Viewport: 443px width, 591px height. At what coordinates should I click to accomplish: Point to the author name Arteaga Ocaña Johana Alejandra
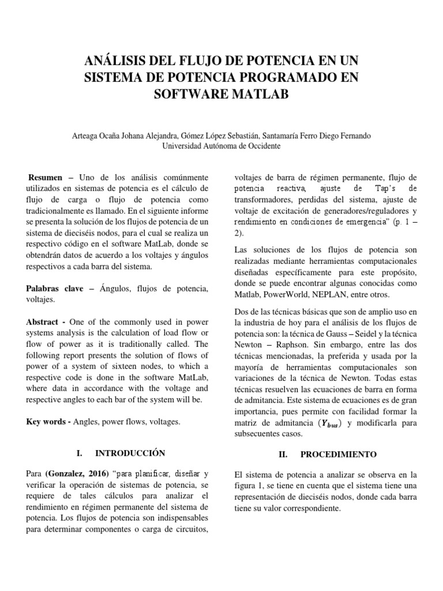coord(122,136)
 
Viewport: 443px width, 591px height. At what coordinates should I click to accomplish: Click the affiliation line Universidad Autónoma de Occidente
coord(221,146)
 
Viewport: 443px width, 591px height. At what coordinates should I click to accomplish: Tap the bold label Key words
coord(47,422)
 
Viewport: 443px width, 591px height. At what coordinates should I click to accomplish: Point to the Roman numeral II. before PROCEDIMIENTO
coord(283,454)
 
